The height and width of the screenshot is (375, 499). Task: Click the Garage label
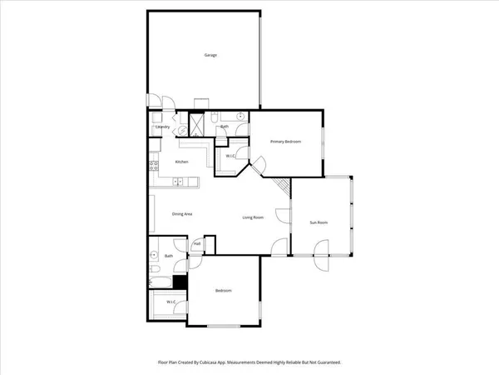click(210, 55)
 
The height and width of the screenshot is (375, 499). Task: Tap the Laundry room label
click(163, 127)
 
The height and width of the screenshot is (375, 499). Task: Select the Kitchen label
click(181, 162)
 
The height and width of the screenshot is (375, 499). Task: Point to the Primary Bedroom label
click(285, 142)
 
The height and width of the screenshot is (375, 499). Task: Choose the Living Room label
click(253, 217)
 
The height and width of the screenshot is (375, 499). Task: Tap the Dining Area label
click(183, 215)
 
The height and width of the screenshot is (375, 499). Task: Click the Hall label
click(197, 244)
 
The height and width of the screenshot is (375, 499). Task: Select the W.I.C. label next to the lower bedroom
click(170, 302)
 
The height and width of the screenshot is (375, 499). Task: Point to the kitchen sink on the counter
click(178, 182)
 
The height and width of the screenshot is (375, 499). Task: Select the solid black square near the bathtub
click(180, 282)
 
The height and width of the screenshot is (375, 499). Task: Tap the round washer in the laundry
click(183, 129)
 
